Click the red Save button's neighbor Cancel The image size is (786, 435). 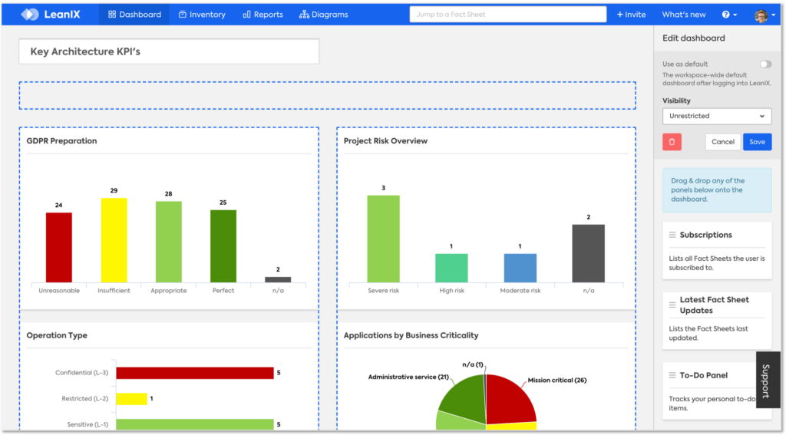pos(722,142)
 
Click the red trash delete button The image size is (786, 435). pos(672,142)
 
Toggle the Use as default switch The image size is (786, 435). pos(765,64)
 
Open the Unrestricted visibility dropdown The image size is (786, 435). pos(716,116)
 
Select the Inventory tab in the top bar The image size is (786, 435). pos(202,15)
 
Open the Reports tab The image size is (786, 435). pos(263,15)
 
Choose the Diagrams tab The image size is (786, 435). pos(323,15)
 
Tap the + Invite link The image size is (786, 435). pos(631,15)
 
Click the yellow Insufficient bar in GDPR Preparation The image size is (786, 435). pos(114,240)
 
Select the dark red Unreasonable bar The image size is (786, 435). pos(58,247)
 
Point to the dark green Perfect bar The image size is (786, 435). pos(223,246)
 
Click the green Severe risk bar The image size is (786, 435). pos(383,239)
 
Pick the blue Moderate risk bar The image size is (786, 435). pos(520,268)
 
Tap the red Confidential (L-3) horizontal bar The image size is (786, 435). pos(195,373)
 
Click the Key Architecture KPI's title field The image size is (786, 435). pos(169,52)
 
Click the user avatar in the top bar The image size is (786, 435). pos(761,15)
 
